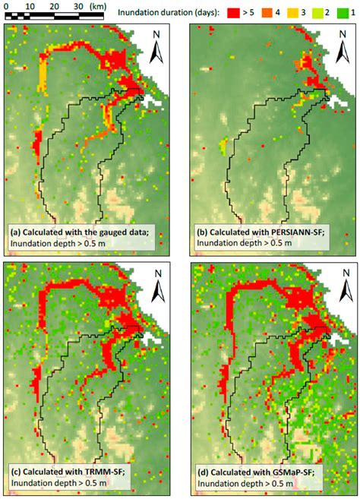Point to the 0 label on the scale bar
(6, 5)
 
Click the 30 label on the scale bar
(79, 5)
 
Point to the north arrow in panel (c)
(158, 285)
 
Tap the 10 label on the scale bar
(30, 5)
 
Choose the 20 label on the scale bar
(55, 5)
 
